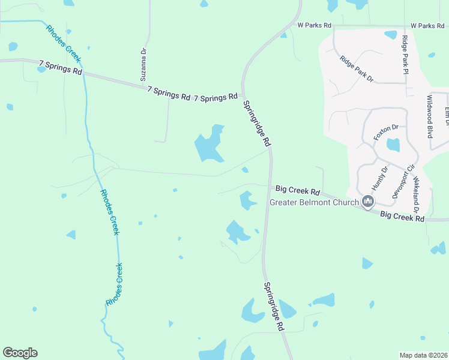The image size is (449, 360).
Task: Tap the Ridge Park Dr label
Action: point(356,69)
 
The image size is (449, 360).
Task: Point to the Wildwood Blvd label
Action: point(430,116)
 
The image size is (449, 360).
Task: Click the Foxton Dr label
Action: point(386,132)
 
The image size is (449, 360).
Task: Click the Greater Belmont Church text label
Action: point(314,202)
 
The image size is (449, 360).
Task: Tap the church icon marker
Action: point(368,202)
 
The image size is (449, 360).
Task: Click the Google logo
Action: point(20,353)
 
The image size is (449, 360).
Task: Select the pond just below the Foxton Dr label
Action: point(393,145)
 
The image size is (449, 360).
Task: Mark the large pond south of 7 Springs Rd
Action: point(208,145)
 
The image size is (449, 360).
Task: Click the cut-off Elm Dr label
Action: point(447,116)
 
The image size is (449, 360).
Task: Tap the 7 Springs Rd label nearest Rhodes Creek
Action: point(60,66)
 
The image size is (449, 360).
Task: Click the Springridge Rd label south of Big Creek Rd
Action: point(274,307)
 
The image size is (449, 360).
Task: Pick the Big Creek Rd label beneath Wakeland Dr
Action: point(402,216)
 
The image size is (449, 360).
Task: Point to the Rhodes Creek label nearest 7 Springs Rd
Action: point(62,42)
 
